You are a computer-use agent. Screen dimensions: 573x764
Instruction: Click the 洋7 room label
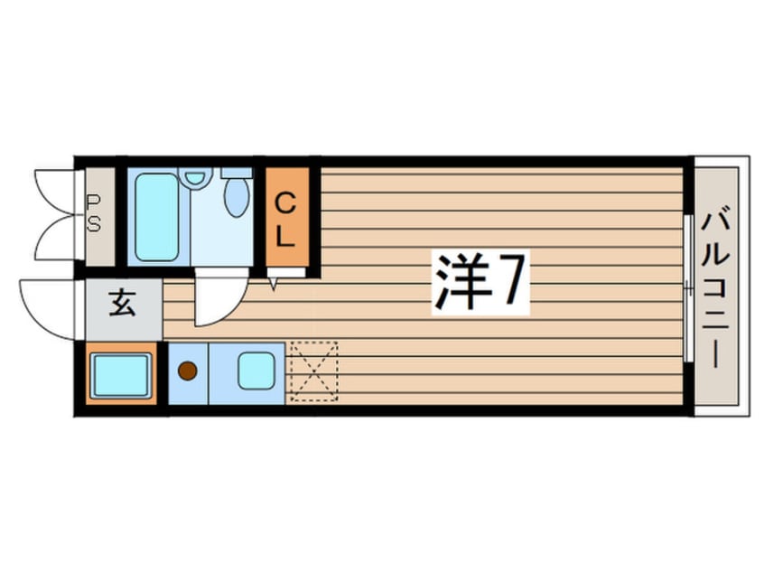(x=480, y=281)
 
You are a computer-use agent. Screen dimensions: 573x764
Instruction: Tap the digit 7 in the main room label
(x=508, y=281)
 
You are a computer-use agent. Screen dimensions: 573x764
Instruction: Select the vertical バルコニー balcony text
(x=719, y=286)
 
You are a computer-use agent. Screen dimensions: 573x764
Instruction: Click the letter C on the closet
(x=285, y=201)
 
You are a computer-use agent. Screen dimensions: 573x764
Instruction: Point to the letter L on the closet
(x=285, y=237)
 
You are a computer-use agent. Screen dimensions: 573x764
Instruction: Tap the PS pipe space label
(x=94, y=215)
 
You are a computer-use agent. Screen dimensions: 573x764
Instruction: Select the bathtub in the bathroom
(x=156, y=217)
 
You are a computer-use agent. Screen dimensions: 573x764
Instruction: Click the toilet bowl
(x=237, y=196)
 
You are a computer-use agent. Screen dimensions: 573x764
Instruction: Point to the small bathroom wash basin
(x=194, y=177)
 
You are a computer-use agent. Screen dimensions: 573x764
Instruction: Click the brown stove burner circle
(x=187, y=371)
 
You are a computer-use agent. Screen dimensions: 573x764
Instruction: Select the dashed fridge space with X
(x=312, y=371)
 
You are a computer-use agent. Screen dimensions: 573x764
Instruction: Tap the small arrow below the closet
(x=274, y=286)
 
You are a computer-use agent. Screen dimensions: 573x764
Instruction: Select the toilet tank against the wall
(x=237, y=172)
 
